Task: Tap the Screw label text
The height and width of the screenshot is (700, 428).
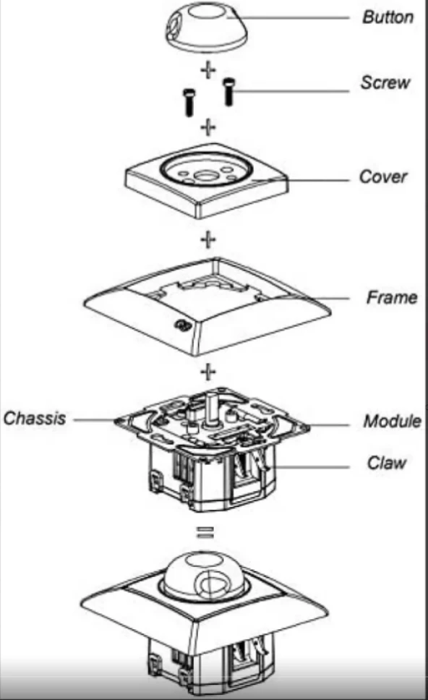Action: click(385, 82)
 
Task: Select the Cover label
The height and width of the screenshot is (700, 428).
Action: click(382, 177)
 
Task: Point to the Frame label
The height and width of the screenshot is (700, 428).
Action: click(391, 297)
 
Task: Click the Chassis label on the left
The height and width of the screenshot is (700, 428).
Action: click(35, 418)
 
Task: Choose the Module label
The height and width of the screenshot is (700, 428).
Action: click(391, 421)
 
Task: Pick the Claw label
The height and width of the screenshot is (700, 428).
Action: click(386, 463)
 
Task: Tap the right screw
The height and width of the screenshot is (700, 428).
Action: click(229, 90)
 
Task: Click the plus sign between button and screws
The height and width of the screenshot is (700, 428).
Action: click(208, 70)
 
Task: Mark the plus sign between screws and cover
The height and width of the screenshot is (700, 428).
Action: click(208, 128)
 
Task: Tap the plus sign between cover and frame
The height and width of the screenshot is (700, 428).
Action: click(208, 239)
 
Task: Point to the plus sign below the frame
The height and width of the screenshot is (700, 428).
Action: click(208, 372)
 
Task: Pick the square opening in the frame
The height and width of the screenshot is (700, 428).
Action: click(210, 286)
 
